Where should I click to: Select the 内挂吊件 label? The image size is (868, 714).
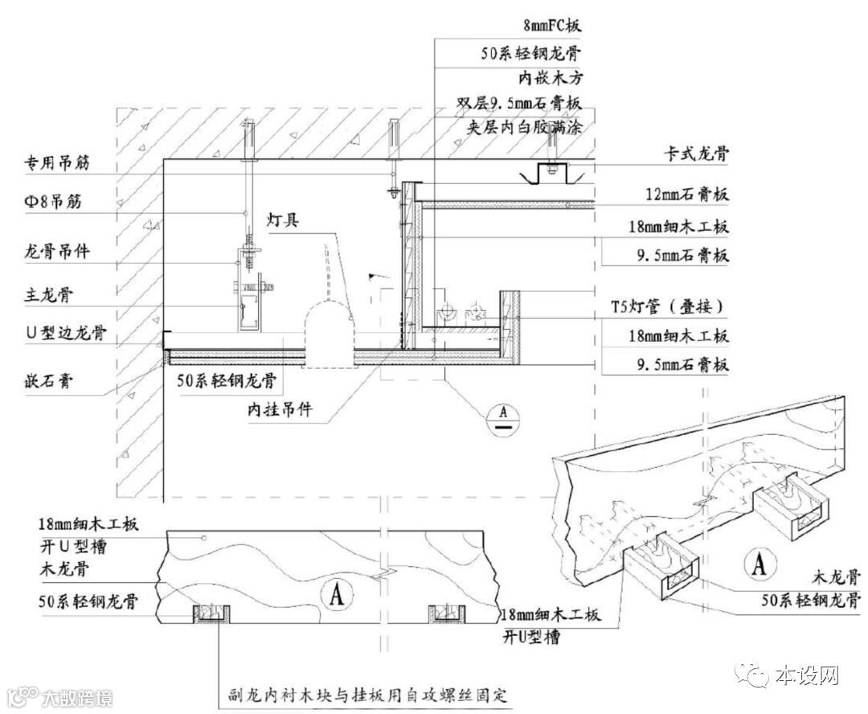tap(279, 412)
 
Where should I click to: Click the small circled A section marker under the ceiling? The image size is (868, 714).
tap(504, 414)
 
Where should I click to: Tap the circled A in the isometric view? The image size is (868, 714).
tap(757, 564)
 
